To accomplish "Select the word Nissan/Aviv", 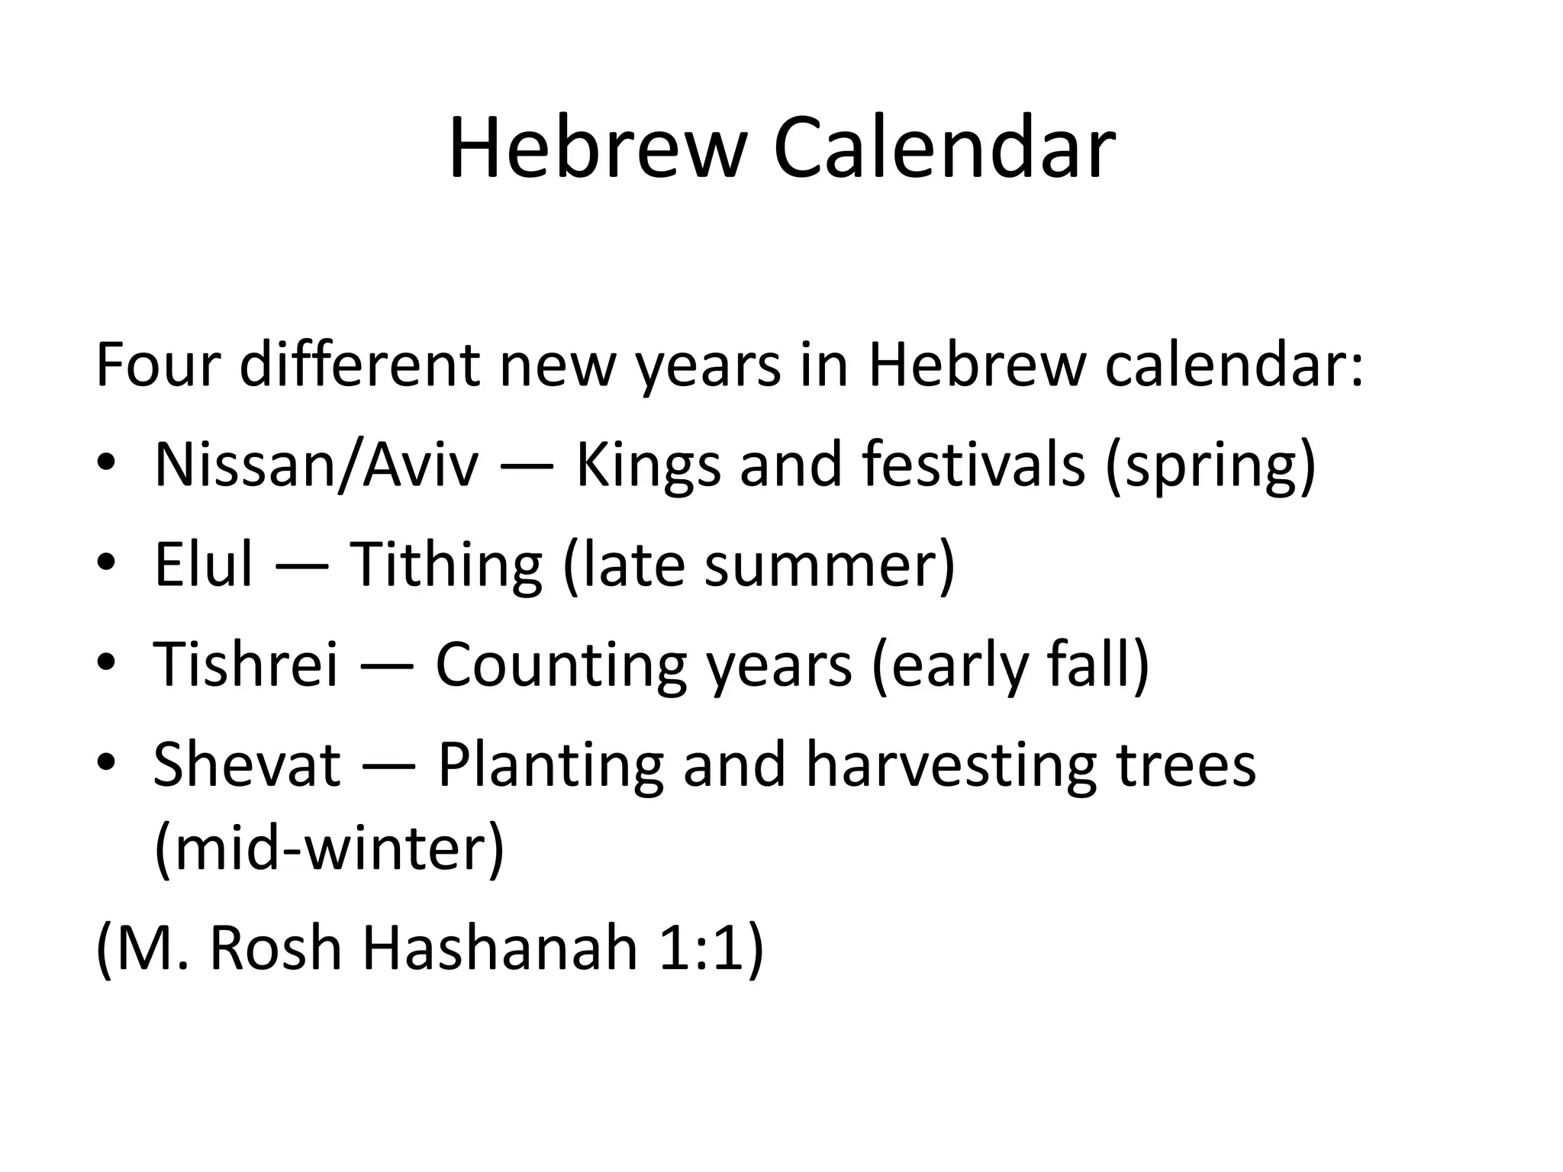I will tap(316, 465).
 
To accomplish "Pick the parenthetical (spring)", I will tap(1210, 466).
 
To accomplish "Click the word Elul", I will tap(203, 565).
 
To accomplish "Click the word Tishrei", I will tap(245, 664).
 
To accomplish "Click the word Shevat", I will tap(247, 765).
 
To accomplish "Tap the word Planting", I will tap(550, 765).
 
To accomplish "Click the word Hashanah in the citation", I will tap(499, 948).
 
